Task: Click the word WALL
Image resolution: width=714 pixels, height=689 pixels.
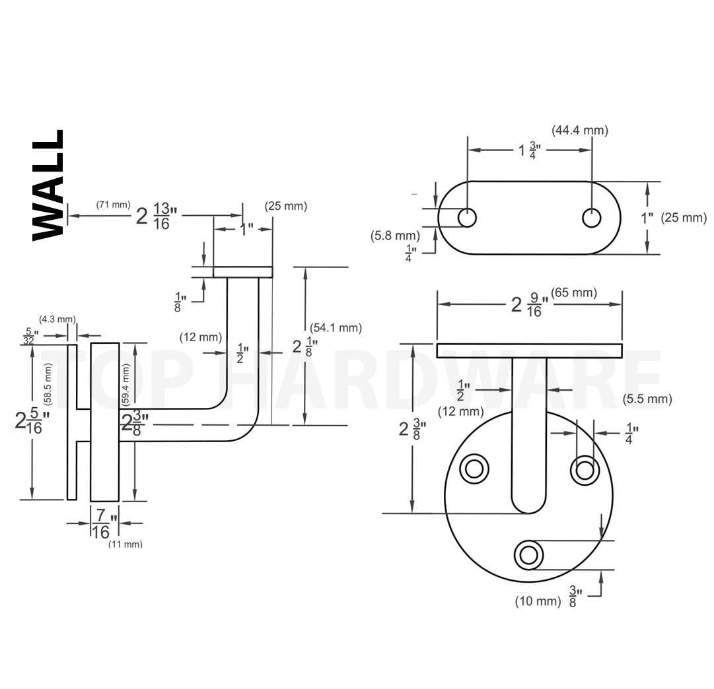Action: coord(48,185)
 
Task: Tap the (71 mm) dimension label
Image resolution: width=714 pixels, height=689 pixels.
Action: coord(114,205)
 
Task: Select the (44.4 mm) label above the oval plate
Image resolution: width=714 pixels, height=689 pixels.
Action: coord(580,131)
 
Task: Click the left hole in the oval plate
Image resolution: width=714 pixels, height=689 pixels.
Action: coord(467,218)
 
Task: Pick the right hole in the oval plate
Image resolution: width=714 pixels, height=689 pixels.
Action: coord(592,218)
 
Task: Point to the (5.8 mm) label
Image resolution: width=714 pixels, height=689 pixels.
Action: coord(395,236)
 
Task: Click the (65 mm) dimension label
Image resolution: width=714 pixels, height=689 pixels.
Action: coord(574,292)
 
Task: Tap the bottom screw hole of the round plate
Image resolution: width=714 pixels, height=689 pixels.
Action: coord(528,555)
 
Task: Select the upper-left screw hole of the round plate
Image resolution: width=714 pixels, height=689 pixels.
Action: coord(474,469)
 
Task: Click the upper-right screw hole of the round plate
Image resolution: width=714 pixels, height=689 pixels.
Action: coord(585,469)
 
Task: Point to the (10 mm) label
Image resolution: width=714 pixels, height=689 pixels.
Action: coord(538,601)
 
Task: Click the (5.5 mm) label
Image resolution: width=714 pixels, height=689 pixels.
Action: coord(647,399)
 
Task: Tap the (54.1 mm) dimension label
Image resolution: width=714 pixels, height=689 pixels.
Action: coord(336,327)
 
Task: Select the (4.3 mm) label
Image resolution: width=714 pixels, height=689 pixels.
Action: coord(57,319)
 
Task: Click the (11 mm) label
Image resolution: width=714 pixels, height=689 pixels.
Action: coord(125,544)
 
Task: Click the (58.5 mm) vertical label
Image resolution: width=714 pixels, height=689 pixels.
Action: coord(48,384)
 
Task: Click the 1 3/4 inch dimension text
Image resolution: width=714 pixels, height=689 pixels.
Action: coord(530,150)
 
